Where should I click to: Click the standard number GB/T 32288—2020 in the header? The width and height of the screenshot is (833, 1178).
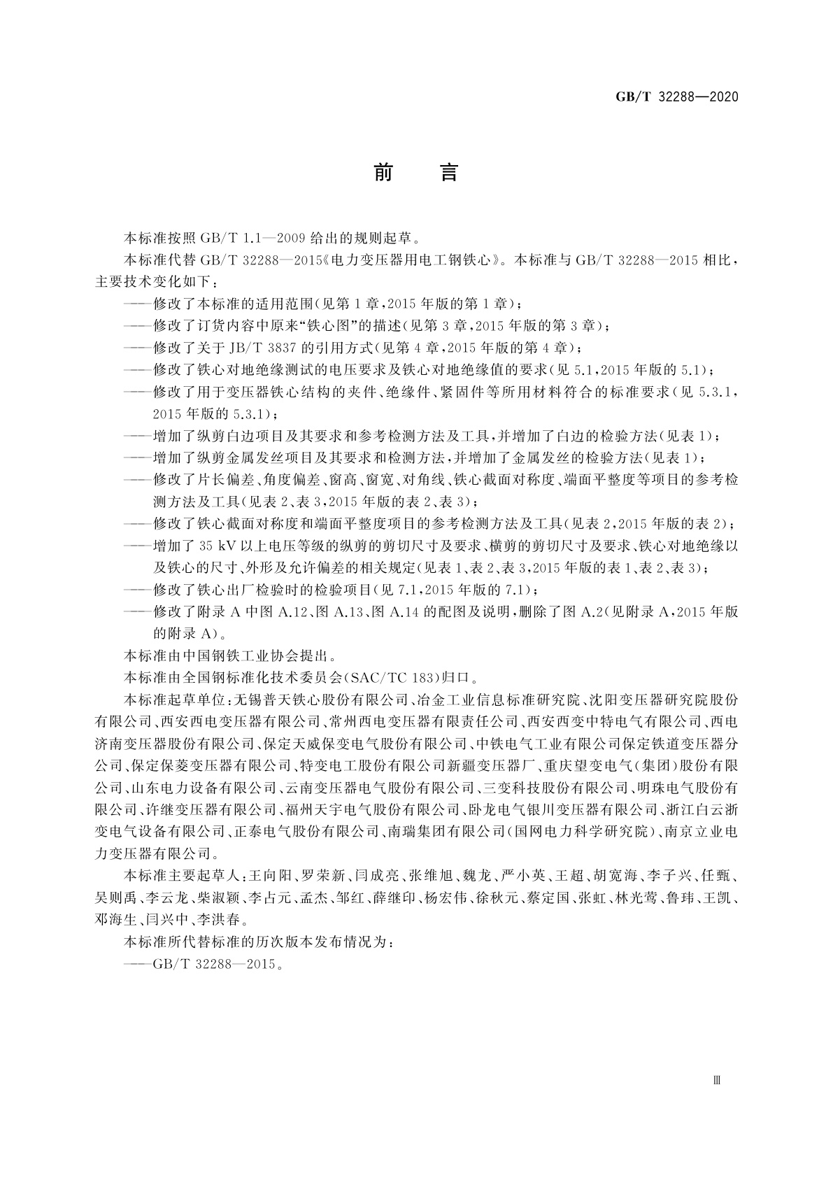[x=676, y=97]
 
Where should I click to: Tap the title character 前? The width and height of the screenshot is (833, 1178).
[x=383, y=172]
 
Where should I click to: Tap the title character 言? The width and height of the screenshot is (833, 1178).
[x=448, y=172]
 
